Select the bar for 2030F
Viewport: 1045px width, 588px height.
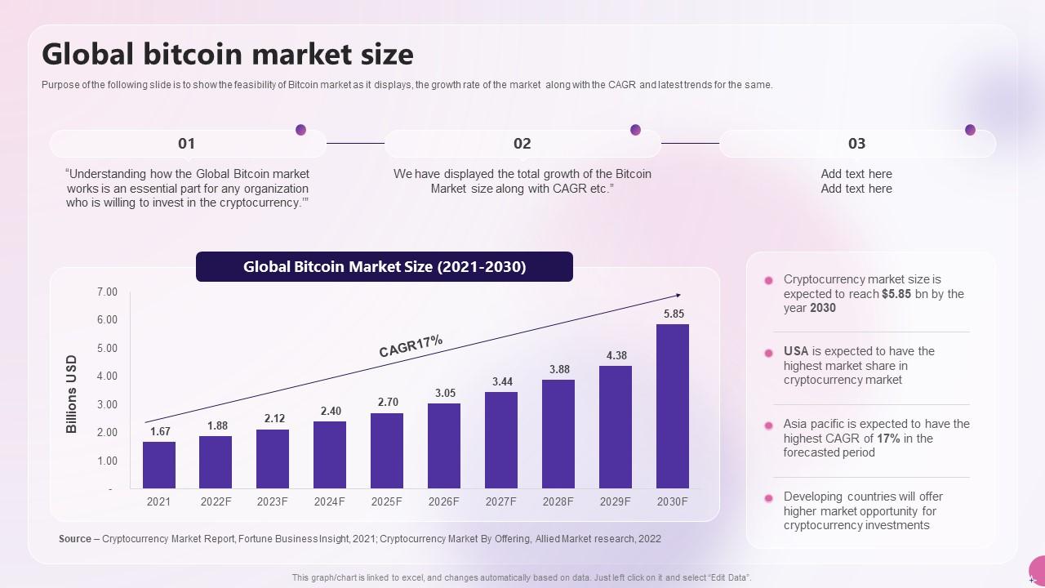point(673,406)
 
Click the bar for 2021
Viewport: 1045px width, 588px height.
point(159,465)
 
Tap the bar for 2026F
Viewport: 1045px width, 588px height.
point(444,446)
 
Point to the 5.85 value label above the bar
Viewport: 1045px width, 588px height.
point(674,314)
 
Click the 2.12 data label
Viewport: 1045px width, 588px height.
point(274,418)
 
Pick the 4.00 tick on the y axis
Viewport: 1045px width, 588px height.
point(107,376)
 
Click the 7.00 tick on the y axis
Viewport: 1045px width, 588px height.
point(107,292)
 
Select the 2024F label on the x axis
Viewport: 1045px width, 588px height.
point(330,501)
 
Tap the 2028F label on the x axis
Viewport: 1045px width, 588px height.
point(558,501)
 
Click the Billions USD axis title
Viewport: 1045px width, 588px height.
point(72,394)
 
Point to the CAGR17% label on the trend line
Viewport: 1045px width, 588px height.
point(411,345)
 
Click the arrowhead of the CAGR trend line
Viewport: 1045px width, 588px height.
point(678,296)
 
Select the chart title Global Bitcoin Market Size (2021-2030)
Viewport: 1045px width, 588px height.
point(385,267)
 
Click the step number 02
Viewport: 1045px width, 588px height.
point(522,144)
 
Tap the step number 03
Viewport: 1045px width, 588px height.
point(856,144)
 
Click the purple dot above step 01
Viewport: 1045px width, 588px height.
point(300,130)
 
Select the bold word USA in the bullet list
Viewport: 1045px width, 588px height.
point(796,351)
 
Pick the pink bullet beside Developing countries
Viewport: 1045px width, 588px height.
point(768,498)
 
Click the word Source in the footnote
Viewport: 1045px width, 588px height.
point(75,539)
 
